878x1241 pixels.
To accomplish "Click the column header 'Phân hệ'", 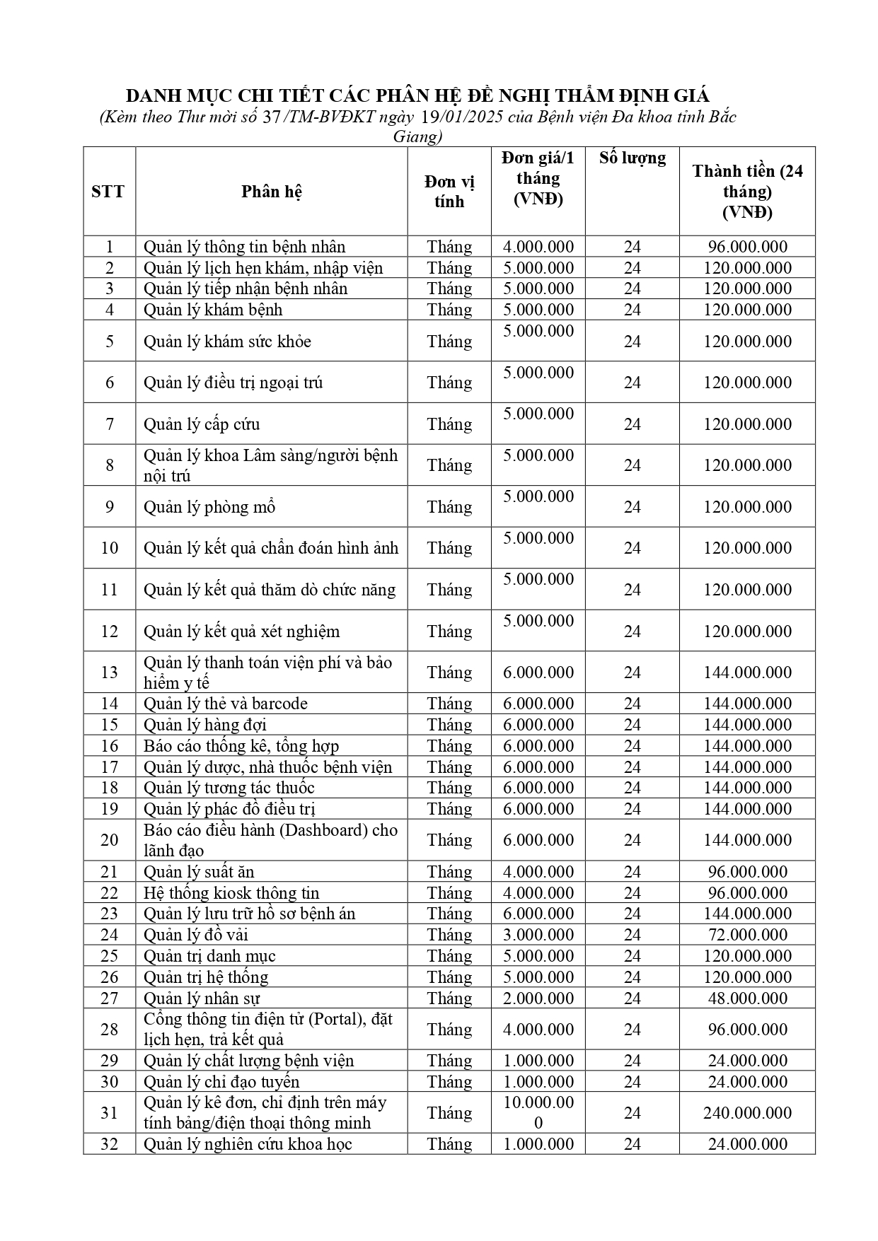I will tap(272, 192).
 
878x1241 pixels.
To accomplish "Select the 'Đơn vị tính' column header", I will tap(449, 192).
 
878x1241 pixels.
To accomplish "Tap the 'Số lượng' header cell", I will tap(632, 158).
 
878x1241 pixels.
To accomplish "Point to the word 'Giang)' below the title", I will tap(417, 136).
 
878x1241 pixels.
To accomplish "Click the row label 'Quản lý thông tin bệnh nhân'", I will tap(244, 247).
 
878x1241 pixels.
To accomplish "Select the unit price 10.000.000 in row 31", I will tap(538, 1112).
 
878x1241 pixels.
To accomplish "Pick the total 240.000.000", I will tap(747, 1112).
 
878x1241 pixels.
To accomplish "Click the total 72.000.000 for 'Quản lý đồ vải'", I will tap(747, 935).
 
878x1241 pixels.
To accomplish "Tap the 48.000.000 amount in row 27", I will tap(747, 998).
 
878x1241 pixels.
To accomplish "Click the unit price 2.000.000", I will tap(538, 998).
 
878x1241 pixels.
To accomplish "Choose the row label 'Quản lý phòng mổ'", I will tap(209, 507).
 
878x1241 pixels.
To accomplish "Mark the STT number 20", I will tap(109, 840).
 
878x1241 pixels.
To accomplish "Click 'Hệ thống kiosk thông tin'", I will tap(231, 893).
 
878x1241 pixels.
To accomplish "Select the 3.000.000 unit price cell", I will tap(538, 935).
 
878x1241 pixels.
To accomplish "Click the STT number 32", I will tap(109, 1144).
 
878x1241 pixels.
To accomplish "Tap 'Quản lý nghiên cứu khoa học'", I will tap(248, 1144).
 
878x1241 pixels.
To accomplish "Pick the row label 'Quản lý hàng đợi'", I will tap(204, 725).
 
